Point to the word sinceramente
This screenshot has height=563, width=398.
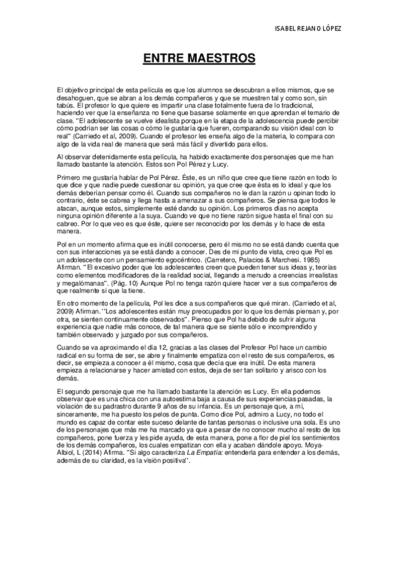82,417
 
